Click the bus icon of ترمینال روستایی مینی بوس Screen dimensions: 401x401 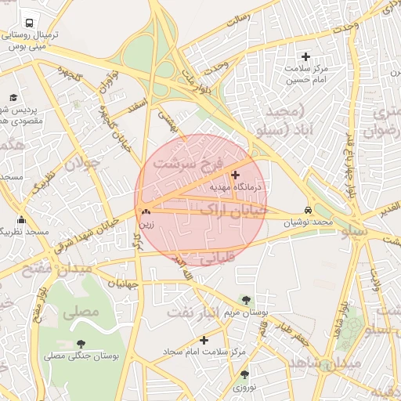[29, 24]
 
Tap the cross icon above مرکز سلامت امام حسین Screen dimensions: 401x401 [306, 57]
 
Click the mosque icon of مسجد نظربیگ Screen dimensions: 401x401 [20, 220]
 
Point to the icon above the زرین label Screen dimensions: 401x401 [146, 211]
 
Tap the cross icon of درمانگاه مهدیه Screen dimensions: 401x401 [236, 175]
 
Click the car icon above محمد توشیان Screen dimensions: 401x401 [308, 211]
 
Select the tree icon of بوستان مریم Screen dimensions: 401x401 [247, 300]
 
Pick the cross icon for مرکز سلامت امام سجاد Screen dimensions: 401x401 [204, 341]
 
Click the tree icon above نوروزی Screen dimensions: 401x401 [244, 375]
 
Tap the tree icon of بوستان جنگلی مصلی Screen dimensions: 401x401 [81, 344]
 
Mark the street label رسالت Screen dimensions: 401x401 [237, 20]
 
